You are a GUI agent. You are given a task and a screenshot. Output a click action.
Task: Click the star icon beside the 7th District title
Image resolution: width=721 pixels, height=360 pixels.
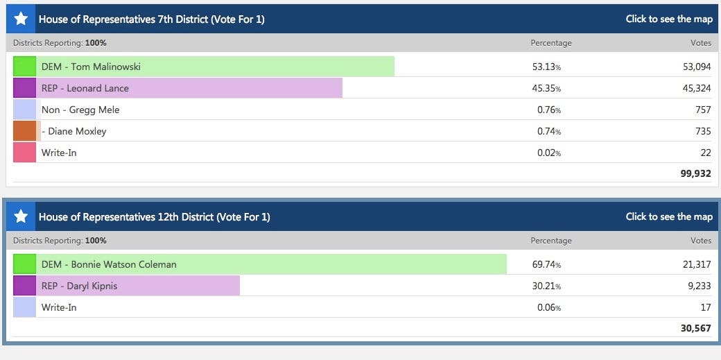coord(21,19)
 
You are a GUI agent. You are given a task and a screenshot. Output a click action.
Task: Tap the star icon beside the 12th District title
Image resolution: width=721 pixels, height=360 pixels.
coord(21,216)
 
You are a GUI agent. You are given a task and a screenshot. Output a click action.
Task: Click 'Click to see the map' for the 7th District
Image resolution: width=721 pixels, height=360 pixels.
coord(669,19)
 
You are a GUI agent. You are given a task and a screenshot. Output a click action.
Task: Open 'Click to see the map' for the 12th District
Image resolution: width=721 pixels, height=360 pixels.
coord(669,216)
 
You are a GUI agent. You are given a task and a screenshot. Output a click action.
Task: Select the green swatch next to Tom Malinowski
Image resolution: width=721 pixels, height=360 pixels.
coord(24,67)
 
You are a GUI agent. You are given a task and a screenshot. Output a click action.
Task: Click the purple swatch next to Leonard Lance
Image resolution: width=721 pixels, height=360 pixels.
coord(24,88)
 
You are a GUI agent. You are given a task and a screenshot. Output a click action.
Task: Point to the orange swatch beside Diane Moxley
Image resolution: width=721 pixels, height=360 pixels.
coord(24,131)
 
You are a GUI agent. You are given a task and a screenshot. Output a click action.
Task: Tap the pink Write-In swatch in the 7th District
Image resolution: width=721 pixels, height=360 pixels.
coord(24,153)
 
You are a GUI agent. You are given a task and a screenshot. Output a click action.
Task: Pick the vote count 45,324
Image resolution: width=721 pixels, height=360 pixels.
coord(697,88)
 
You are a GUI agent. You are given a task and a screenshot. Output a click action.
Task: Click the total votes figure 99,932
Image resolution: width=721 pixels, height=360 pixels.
coord(695,173)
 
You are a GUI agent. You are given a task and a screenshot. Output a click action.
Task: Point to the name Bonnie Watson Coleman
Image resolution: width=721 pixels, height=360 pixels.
coord(109,264)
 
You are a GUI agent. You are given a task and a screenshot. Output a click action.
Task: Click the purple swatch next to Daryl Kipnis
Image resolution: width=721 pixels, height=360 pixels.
coord(24,286)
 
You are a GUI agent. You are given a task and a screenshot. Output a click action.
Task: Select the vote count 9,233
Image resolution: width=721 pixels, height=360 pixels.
coord(699,286)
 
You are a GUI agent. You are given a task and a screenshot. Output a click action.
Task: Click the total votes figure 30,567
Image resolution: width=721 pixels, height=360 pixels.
coord(695,328)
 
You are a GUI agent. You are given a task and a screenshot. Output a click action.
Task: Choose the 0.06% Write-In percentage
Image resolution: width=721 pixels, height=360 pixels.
coord(548,307)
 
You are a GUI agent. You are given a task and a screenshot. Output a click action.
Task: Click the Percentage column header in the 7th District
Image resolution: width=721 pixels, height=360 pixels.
coord(551,43)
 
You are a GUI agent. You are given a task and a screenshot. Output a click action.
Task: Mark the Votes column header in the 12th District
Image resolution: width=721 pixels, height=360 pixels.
coord(701,241)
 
